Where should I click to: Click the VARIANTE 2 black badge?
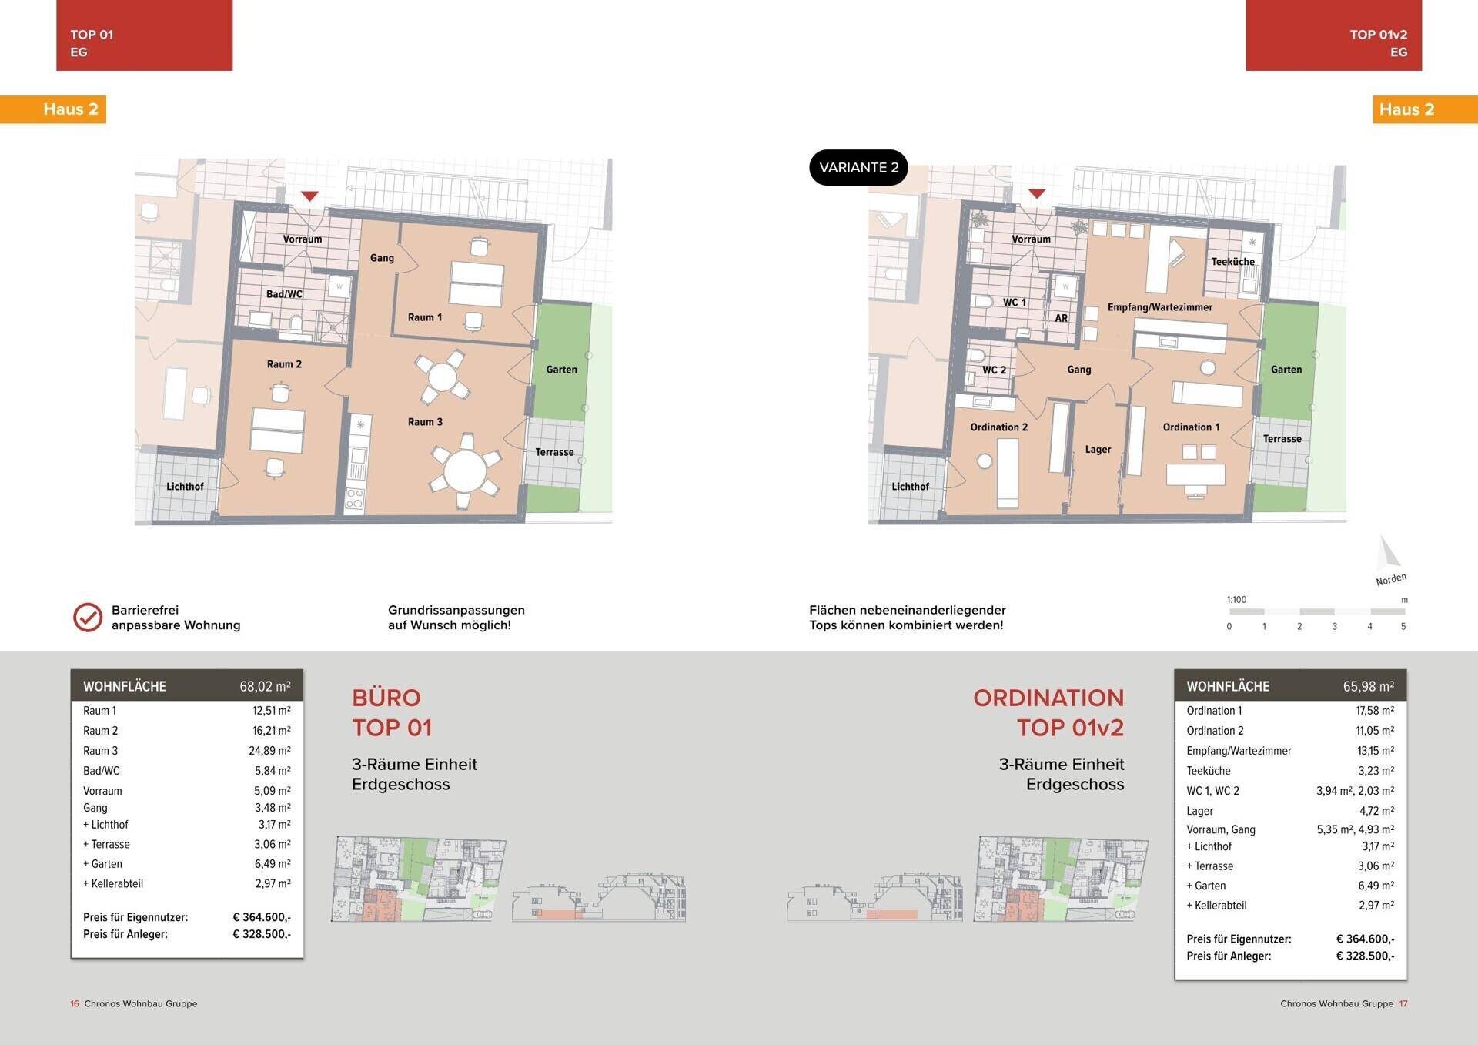pos(858,167)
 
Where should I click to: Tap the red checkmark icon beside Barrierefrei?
pos(88,618)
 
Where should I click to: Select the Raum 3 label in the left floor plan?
pos(425,422)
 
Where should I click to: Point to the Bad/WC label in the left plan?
pos(284,294)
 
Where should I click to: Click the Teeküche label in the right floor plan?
pos(1232,262)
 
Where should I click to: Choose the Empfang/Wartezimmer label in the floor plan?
pos(1160,307)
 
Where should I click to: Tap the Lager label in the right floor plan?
pos(1098,450)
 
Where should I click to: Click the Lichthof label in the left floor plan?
pos(185,487)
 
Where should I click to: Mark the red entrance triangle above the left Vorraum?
pos(309,196)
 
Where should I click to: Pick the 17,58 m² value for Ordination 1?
pos(1375,711)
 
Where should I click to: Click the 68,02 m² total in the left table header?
pos(265,686)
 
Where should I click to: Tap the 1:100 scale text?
pos(1236,600)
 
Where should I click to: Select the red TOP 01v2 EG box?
pos(1333,35)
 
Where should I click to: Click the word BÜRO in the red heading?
pos(386,698)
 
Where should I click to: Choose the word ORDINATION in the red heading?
pos(1048,698)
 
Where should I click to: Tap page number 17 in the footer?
pos(1403,1003)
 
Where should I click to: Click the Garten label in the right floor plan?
pos(1286,370)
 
